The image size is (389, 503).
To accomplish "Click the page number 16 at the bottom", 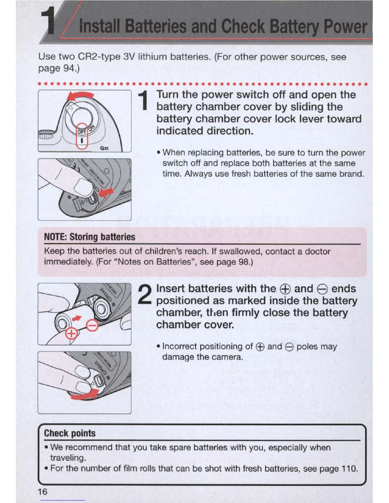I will (42, 492).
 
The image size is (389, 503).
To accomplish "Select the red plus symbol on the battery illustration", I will (72, 334).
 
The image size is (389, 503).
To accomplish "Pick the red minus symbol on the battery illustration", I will (92, 326).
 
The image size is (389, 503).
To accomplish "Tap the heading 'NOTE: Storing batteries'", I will (90, 237).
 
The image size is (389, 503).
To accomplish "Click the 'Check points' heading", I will (70, 433).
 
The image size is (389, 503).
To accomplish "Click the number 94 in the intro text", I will (69, 68).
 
